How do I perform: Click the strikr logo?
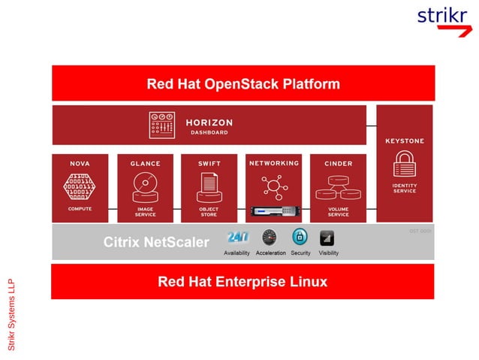(442, 18)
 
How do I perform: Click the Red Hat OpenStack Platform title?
(243, 83)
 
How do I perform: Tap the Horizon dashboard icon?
(161, 125)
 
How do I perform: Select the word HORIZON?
(209, 123)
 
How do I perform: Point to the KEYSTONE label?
(404, 141)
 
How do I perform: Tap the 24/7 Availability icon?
(237, 238)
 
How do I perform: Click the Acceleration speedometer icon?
(270, 238)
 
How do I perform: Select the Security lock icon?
(300, 238)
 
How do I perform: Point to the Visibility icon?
(327, 238)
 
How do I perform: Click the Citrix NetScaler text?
(155, 243)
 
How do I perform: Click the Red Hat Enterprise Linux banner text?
(243, 283)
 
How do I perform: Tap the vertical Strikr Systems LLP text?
(12, 314)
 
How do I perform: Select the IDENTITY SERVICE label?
(404, 188)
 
